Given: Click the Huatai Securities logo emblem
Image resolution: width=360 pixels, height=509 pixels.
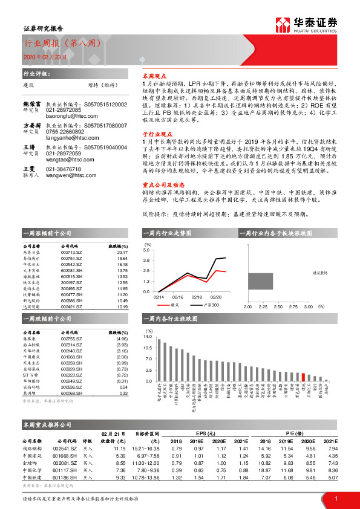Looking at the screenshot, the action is click(x=282, y=25).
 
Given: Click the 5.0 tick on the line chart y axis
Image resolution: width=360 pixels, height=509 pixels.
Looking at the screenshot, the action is click(x=146, y=249).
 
